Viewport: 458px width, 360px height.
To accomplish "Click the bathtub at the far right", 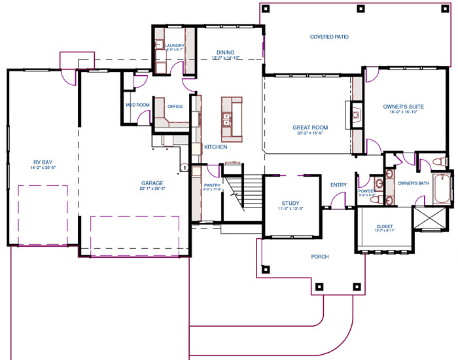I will coord(442,190).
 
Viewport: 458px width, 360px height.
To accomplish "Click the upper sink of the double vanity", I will coord(389,175).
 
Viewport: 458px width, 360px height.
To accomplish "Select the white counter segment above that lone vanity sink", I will coord(357,88).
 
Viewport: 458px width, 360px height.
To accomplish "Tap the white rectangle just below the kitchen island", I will coord(233,168).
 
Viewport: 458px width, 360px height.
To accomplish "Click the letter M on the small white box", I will coord(128,104).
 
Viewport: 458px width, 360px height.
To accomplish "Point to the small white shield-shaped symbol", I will coord(185,167).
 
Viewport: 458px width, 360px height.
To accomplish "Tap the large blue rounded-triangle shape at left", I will coord(44,154).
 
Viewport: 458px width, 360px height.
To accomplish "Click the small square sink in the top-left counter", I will coord(159,45).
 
